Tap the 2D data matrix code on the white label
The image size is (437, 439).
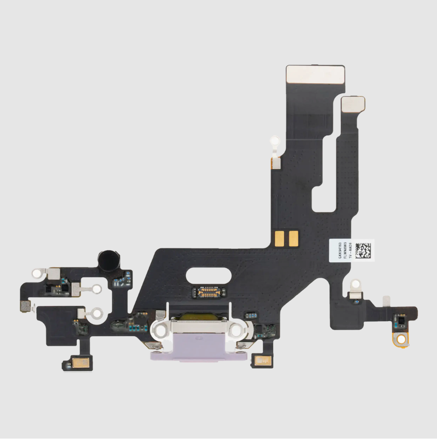point(364,251)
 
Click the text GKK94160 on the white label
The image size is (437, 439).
point(339,251)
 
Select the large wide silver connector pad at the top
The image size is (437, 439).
point(315,74)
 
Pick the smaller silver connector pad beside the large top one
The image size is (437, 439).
point(353,104)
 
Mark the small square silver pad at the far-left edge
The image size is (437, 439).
point(23,306)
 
